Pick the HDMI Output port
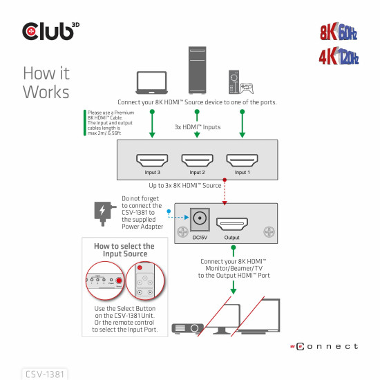pyautogui.click(x=231, y=225)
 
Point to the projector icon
pyautogui.click(x=185, y=327)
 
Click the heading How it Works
pyautogui.click(x=46, y=82)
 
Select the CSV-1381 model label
pyautogui.click(x=45, y=374)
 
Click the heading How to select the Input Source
pyautogui.click(x=124, y=250)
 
